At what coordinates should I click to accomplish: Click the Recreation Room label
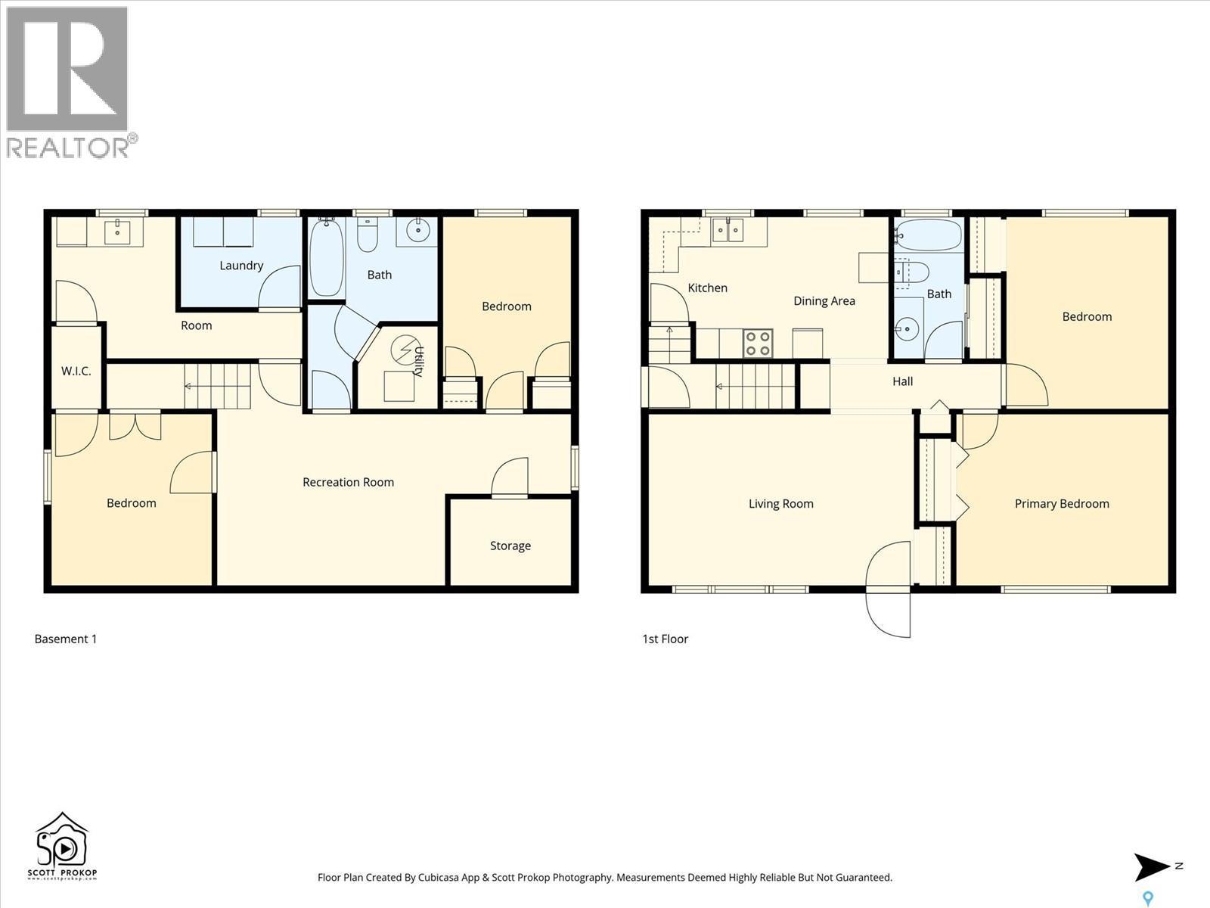pos(348,482)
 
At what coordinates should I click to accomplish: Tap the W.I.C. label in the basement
pos(76,371)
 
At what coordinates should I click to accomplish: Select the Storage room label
pos(510,546)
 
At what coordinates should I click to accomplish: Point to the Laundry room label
pos(241,266)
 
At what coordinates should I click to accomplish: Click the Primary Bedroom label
pos(1062,504)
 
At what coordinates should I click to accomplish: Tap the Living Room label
pos(780,504)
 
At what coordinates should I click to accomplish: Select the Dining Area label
pos(824,301)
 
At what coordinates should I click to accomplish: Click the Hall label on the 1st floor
pos(902,381)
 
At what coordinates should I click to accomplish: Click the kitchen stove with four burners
pos(758,343)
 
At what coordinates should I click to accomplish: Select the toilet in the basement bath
pos(368,236)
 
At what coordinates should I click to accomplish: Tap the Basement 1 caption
pos(66,639)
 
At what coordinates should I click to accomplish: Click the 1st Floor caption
pos(665,639)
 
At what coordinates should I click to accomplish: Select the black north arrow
pos(1151,867)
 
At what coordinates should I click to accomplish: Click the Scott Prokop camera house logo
pos(62,844)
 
